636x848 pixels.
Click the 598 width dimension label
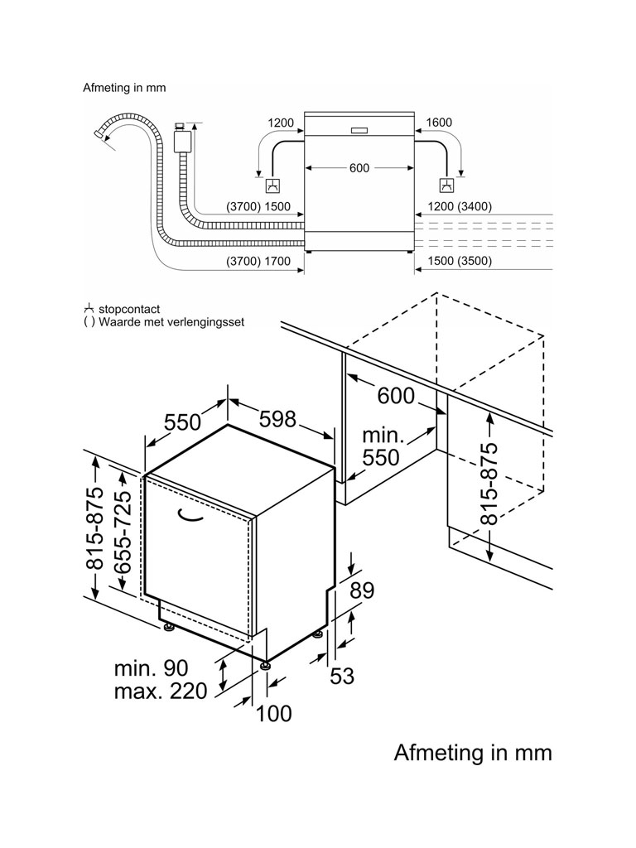pyautogui.click(x=278, y=419)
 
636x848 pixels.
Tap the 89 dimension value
pyautogui.click(x=362, y=590)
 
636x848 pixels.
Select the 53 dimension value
pyautogui.click(x=342, y=676)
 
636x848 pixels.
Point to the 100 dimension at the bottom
pyautogui.click(x=273, y=713)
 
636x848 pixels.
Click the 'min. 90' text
pyautogui.click(x=151, y=668)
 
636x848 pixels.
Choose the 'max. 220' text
pyautogui.click(x=161, y=691)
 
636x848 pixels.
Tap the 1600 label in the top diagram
pyautogui.click(x=439, y=123)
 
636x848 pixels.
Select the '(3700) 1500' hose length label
pyautogui.click(x=258, y=206)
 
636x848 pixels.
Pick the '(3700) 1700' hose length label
pyautogui.click(x=258, y=261)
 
